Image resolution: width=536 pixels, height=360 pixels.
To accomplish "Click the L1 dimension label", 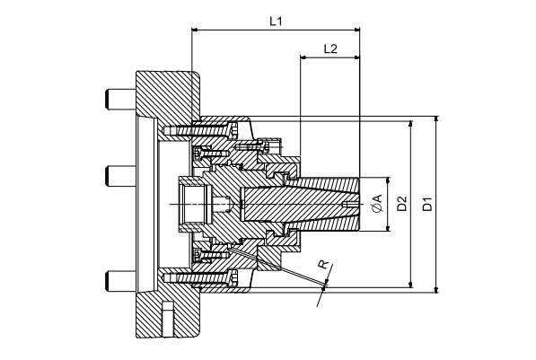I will pyautogui.click(x=276, y=21).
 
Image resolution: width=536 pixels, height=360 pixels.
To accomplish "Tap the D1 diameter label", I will pyautogui.click(x=428, y=204).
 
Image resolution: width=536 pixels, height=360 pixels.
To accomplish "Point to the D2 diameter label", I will pyautogui.click(x=403, y=204).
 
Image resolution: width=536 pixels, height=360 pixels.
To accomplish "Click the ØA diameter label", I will pyautogui.click(x=378, y=204).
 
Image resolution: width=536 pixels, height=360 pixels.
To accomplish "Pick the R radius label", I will pyautogui.click(x=322, y=266).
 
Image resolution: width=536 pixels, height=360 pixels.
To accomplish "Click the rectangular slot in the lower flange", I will pyautogui.click(x=167, y=320).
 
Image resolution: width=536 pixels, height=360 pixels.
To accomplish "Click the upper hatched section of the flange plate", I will pyautogui.click(x=166, y=94).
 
